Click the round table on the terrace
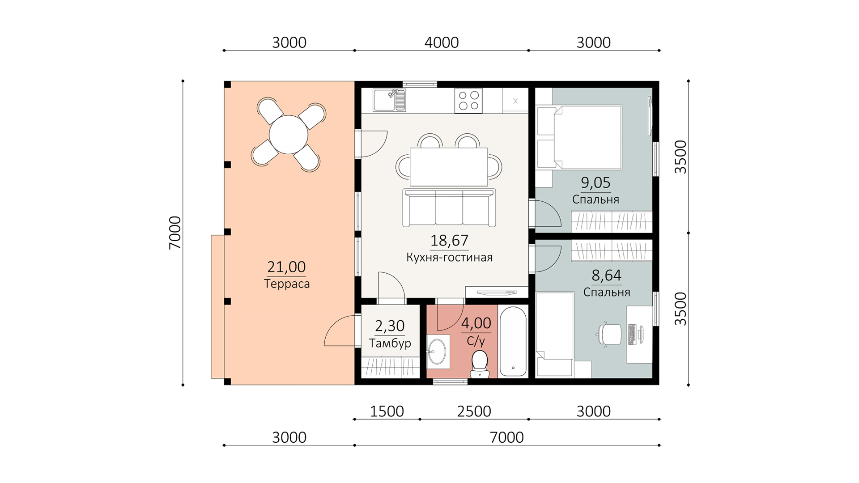click(289, 135)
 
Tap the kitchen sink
click(389, 100)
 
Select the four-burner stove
click(468, 100)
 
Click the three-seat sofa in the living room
click(449, 208)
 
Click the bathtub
click(513, 341)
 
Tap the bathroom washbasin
click(438, 351)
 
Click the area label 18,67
click(449, 241)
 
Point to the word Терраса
click(287, 284)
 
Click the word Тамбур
click(390, 343)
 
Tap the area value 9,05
click(595, 182)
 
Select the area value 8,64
click(606, 275)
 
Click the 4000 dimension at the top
click(442, 42)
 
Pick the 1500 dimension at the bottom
click(387, 411)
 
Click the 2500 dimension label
click(474, 411)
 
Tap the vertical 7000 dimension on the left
click(175, 233)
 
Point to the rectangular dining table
click(449, 167)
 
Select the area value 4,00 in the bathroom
click(476, 323)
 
